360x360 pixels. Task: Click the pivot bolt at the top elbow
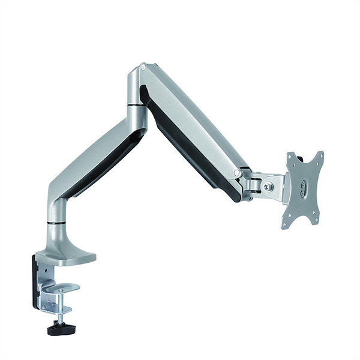coord(143,68)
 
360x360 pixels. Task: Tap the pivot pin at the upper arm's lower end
coord(238,173)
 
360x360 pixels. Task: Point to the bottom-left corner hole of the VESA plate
coord(286,224)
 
